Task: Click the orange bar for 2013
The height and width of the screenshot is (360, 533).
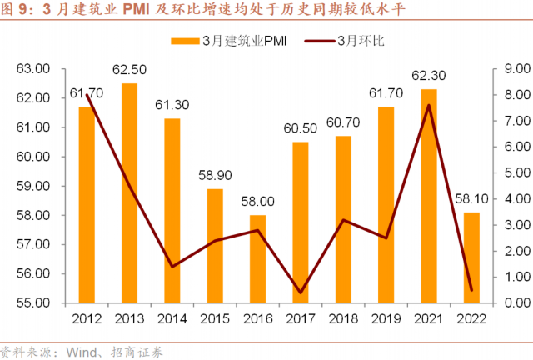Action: coord(129,192)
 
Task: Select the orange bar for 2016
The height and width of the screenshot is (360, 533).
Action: coord(257,258)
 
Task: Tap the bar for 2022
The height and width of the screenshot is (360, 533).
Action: coord(471,257)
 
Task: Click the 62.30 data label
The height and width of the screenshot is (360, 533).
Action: coord(429,76)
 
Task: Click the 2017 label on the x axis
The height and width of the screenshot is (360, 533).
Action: coord(301,319)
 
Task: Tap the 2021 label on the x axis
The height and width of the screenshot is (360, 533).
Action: coord(429,319)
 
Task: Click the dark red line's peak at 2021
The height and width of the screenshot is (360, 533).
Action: coord(429,105)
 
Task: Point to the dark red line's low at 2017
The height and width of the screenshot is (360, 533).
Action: coord(301,292)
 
